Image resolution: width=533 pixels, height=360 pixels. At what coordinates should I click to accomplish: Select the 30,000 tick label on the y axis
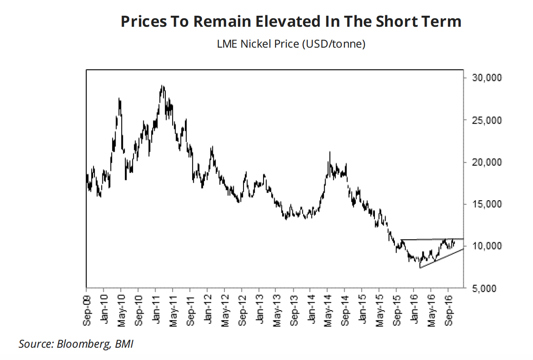point(485,78)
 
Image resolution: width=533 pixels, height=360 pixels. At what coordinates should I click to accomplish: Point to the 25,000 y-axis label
point(485,120)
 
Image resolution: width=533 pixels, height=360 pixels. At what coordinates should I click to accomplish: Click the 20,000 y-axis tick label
point(485,162)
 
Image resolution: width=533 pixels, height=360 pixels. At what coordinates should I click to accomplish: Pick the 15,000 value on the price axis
point(485,204)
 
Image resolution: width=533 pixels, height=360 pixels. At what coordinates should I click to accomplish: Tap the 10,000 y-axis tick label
point(485,247)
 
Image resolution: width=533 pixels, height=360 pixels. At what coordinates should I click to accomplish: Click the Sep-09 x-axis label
point(87,307)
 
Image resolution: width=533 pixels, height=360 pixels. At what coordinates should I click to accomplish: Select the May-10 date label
point(122,307)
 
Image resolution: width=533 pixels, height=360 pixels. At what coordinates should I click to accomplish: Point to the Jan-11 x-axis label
point(156,307)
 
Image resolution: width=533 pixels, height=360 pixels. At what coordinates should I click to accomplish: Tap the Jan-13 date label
point(259,307)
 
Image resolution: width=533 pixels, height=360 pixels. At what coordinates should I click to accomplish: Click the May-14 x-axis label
point(328,307)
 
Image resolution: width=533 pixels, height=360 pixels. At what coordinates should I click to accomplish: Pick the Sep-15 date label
point(397,307)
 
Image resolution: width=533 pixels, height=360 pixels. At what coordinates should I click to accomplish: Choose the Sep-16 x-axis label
point(448,307)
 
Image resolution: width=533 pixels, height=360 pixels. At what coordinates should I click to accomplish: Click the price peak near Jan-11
point(162,86)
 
